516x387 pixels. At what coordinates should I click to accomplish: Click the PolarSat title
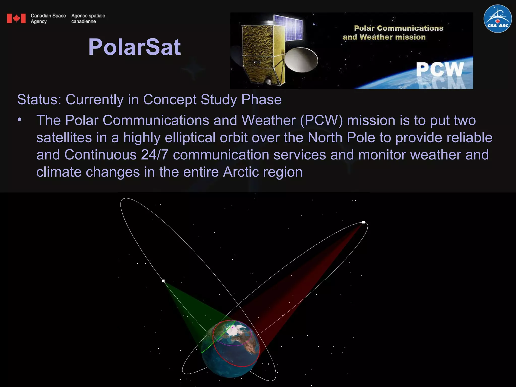pos(135,47)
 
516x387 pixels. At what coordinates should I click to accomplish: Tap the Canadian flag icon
pos(16,18)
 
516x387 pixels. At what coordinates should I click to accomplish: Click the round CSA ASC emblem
pos(498,19)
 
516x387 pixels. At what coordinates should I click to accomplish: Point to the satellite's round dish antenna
pos(302,60)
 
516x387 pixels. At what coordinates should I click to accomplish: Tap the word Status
pos(39,100)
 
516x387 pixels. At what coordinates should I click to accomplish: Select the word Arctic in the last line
pos(241,172)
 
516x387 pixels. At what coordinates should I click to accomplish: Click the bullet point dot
pos(20,120)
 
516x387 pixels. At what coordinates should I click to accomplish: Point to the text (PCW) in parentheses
pos(321,120)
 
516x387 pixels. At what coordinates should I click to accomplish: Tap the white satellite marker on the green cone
pos(163,281)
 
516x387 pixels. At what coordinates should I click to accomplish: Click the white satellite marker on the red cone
pos(364,222)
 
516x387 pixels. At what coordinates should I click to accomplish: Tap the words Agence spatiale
pos(88,16)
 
